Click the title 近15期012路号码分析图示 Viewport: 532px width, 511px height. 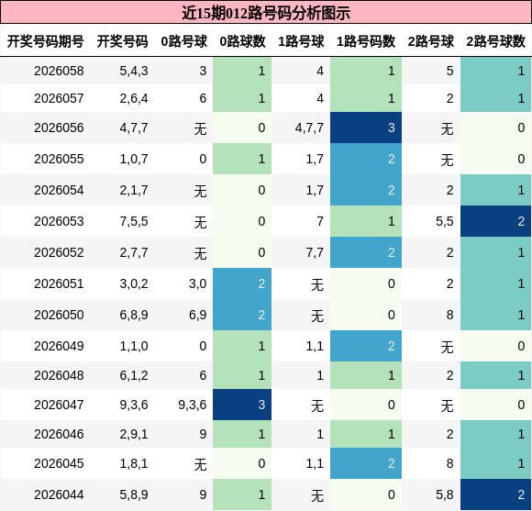(x=266, y=13)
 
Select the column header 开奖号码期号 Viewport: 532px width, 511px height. (x=46, y=41)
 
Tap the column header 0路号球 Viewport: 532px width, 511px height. (x=183, y=41)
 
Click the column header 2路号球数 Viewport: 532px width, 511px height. (x=495, y=41)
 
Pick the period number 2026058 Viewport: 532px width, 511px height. (x=59, y=71)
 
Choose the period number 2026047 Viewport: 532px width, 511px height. (x=59, y=405)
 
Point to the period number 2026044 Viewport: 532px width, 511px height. (x=59, y=494)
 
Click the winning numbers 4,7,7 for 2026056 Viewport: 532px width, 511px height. (x=134, y=128)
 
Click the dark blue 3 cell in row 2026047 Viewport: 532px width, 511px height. (x=242, y=405)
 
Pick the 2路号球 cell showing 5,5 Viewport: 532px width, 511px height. (x=444, y=221)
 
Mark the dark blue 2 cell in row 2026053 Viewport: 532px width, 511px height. (x=495, y=221)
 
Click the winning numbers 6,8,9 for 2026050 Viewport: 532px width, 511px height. (x=134, y=315)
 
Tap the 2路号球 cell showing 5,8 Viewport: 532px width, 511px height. (x=444, y=494)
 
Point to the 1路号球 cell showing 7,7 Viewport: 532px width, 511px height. (x=315, y=252)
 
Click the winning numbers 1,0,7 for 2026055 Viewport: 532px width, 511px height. (x=134, y=159)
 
